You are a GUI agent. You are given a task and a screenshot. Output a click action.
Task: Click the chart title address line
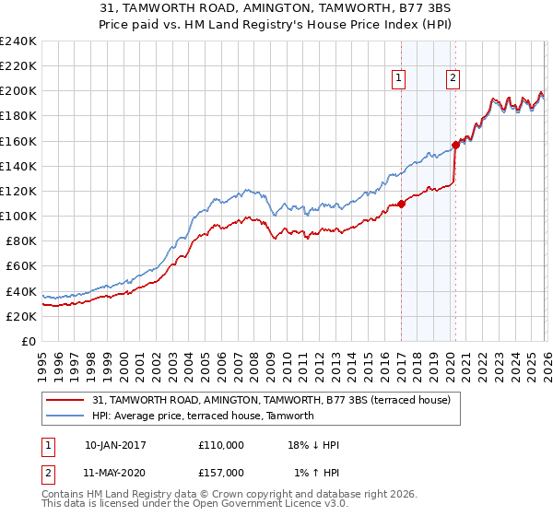[276, 9]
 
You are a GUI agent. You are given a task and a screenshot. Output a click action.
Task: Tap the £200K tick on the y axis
[18, 91]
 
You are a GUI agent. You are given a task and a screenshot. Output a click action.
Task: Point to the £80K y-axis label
[21, 240]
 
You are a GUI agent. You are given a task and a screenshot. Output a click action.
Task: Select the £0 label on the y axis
[29, 341]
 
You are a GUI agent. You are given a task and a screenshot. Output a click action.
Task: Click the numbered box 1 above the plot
[399, 79]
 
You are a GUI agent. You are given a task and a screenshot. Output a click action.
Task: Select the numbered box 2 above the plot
[453, 79]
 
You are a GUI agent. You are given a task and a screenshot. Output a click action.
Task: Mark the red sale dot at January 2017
[401, 204]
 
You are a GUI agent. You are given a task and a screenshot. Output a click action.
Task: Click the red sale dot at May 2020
[455, 145]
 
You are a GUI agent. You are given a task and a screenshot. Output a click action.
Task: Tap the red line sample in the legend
[65, 400]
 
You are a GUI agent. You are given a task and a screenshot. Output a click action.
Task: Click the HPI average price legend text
[203, 416]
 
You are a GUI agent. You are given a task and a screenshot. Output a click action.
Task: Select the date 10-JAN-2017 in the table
[115, 445]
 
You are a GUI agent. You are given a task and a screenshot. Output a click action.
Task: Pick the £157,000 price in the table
[220, 472]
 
